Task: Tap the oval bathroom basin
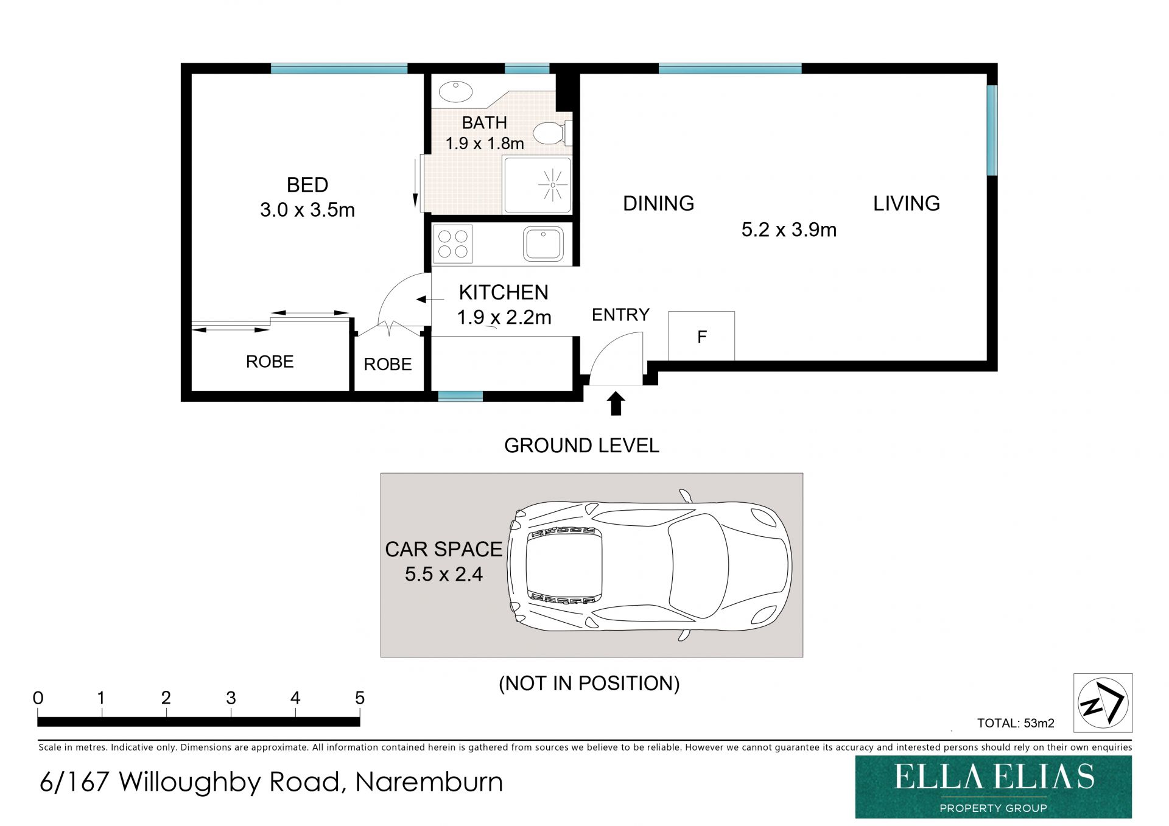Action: pos(455,92)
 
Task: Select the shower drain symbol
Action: pos(553,184)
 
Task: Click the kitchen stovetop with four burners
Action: pos(452,243)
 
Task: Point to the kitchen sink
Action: pos(543,244)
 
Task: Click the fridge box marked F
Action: pos(701,336)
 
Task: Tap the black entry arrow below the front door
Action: pos(616,404)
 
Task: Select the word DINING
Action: pos(658,203)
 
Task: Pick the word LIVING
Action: pos(907,203)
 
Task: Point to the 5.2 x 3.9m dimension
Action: pos(789,230)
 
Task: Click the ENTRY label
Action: pos(620,315)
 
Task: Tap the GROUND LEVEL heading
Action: pos(581,446)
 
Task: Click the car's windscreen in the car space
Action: pos(699,565)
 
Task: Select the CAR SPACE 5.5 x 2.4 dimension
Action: pos(444,561)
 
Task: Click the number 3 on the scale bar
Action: pos(231,698)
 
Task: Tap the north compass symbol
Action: pos(1103,702)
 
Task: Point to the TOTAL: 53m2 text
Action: pos(1016,723)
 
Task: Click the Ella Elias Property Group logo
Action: pos(994,787)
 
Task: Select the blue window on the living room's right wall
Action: pos(992,130)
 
